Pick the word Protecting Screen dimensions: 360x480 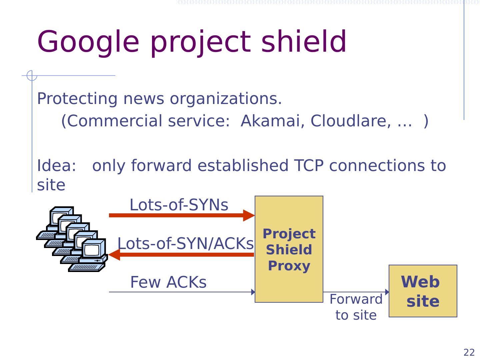(77, 99)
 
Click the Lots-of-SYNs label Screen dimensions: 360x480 (179, 205)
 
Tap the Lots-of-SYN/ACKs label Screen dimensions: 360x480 (185, 244)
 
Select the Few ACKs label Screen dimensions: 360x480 (168, 282)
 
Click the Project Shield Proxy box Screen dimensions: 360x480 (289, 249)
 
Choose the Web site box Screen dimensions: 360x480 (423, 291)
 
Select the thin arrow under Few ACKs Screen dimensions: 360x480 (182, 292)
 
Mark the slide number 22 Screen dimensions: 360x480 (469, 352)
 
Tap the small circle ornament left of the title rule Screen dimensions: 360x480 (32, 76)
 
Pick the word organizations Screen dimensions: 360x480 (226, 99)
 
